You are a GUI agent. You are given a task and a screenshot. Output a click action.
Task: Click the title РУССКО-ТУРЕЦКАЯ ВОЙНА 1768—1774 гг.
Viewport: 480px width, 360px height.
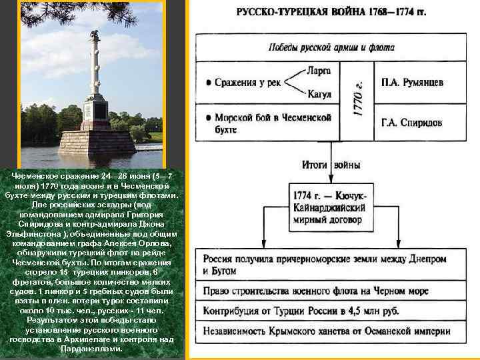pos(331,13)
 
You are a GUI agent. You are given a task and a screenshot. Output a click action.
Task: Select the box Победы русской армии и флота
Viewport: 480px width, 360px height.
pos(331,48)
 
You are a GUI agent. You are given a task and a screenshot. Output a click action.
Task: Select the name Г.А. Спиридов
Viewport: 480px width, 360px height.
pos(411,123)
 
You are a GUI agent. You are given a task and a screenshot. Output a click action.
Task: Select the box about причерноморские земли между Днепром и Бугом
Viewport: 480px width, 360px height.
pos(331,265)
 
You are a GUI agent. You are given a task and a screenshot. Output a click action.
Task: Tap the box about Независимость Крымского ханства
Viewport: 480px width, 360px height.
pos(331,329)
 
